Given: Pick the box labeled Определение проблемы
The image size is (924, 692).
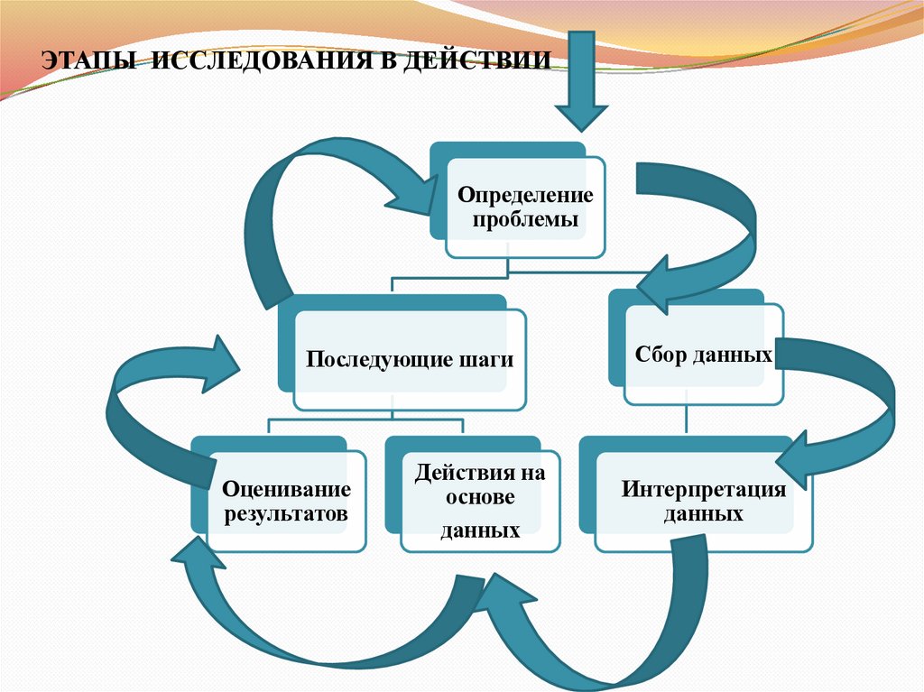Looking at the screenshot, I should (526, 208).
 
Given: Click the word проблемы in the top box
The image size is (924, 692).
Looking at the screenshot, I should (525, 219).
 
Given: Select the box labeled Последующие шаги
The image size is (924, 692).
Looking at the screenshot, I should (411, 360).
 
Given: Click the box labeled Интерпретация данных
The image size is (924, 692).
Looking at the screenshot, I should (703, 502).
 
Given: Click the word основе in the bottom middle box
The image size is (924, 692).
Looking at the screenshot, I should (479, 499).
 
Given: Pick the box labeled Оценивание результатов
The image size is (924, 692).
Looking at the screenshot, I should (286, 503).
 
